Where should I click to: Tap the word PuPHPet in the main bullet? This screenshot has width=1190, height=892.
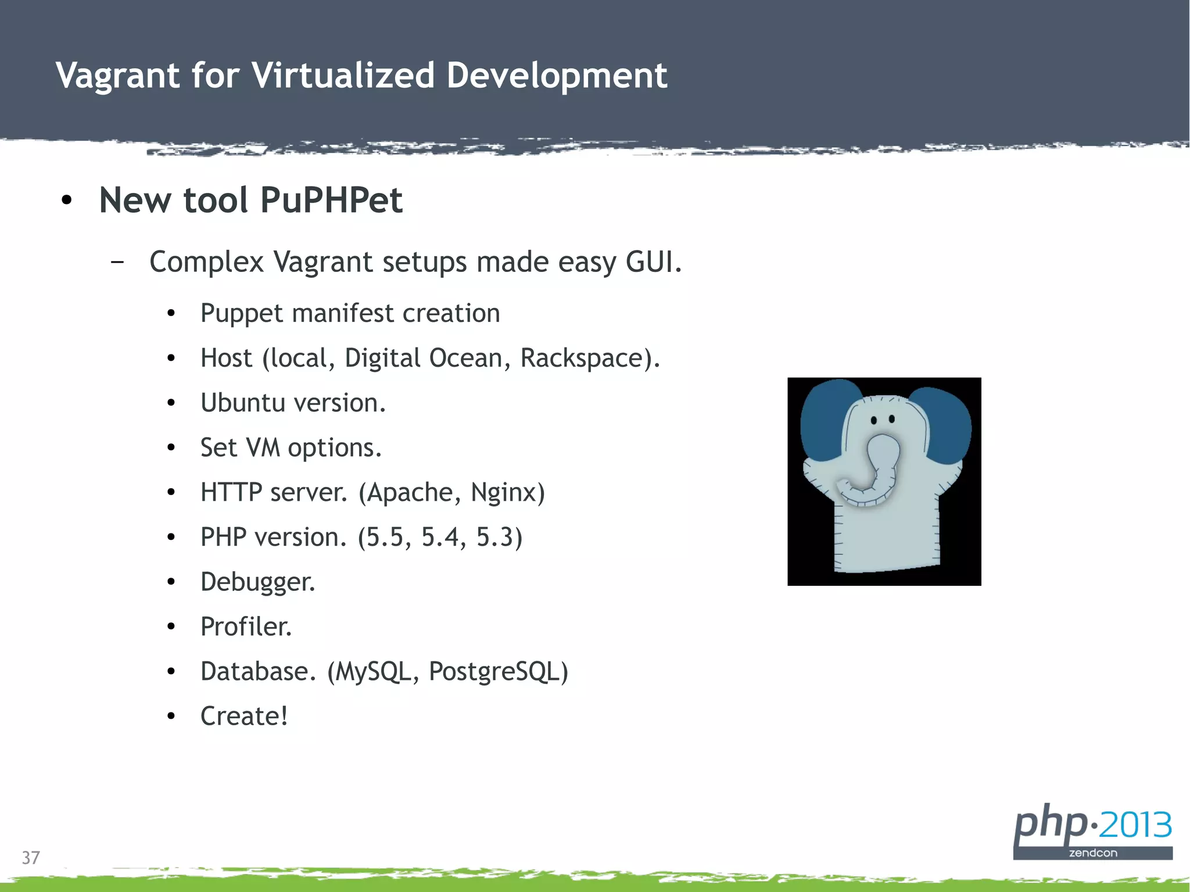[331, 200]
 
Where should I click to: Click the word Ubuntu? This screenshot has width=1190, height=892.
[241, 403]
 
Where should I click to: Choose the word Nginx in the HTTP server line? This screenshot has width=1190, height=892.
[507, 492]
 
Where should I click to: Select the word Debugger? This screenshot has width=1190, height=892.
[257, 582]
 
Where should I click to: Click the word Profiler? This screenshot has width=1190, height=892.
[246, 626]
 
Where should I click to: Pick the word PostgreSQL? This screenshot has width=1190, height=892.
[497, 672]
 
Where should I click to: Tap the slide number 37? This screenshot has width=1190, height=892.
[31, 858]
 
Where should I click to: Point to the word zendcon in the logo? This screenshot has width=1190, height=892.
[1092, 853]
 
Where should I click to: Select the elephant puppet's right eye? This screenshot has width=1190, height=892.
[892, 419]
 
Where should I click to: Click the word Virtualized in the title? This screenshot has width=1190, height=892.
[342, 76]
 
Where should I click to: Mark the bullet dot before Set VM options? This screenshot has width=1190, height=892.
[171, 448]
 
